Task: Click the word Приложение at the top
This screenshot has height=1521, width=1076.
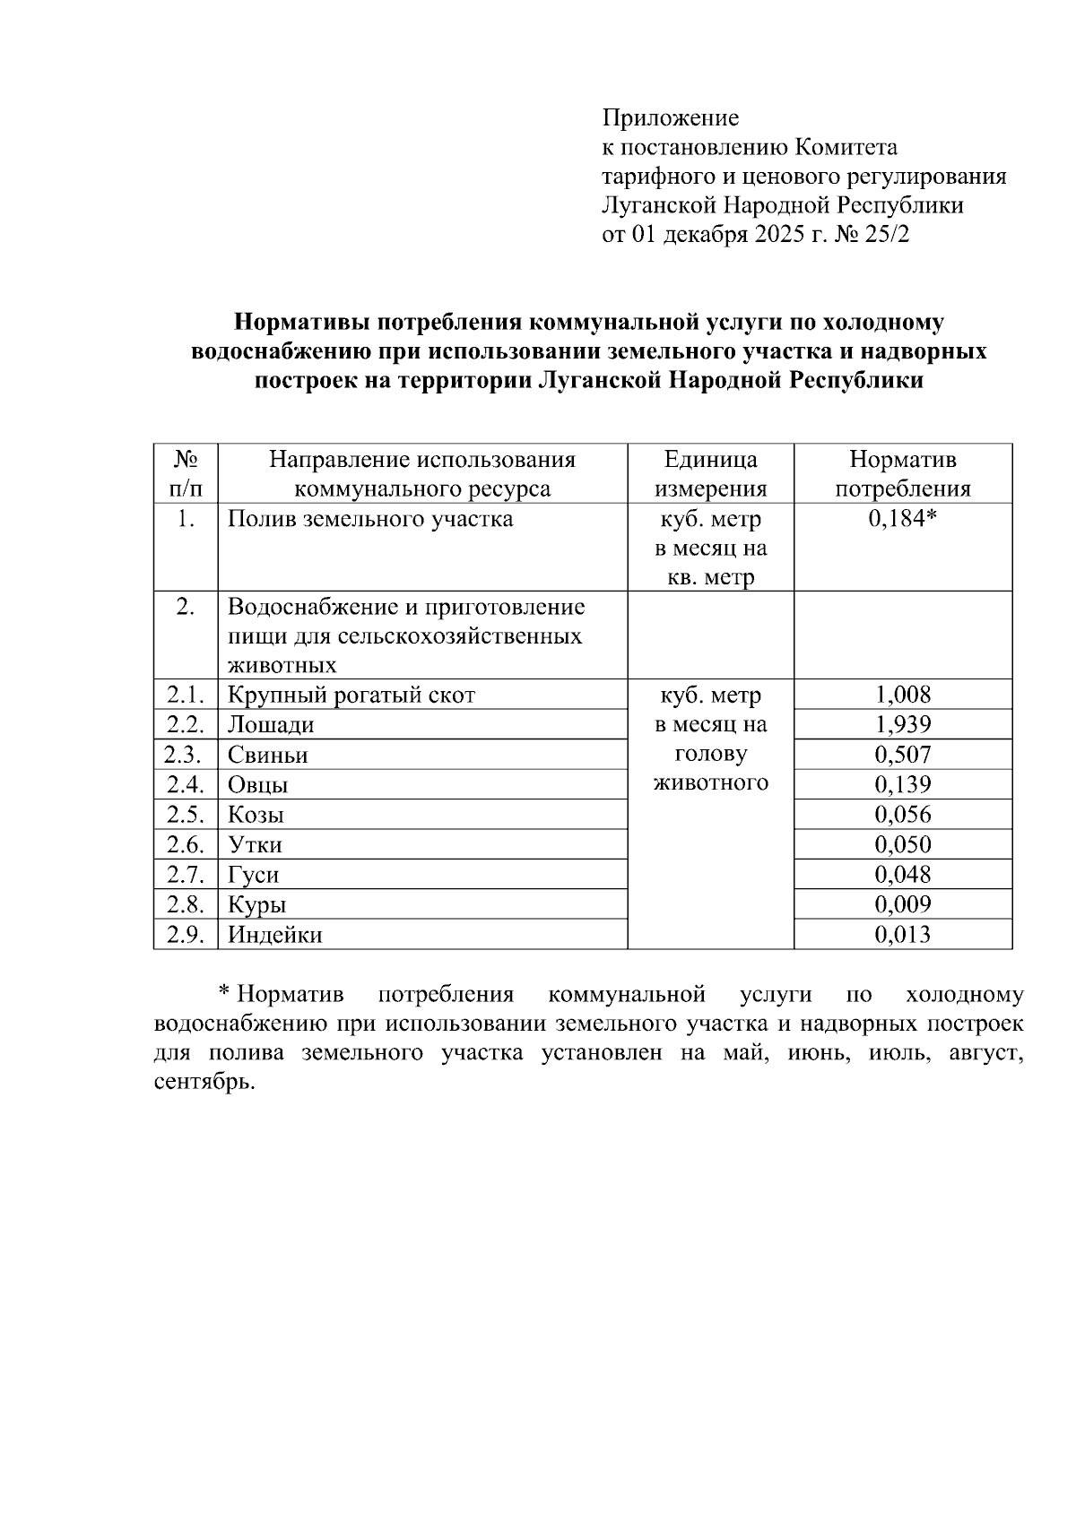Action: [x=670, y=118]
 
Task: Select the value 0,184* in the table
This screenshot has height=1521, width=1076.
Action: [x=902, y=519]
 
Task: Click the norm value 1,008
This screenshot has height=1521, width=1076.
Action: [x=902, y=695]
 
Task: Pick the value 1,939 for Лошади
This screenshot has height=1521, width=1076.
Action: [x=902, y=724]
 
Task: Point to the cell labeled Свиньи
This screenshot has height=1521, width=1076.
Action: [x=267, y=755]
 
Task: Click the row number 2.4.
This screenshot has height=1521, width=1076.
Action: [x=186, y=785]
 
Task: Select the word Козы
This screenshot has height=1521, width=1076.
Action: [x=256, y=815]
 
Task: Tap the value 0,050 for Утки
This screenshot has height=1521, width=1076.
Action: [x=902, y=844]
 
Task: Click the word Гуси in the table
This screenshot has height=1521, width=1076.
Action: [x=253, y=875]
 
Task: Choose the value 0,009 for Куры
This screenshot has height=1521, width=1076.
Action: [x=902, y=904]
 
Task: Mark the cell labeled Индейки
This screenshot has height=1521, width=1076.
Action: [x=274, y=935]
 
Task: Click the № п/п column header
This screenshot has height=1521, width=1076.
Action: [x=186, y=474]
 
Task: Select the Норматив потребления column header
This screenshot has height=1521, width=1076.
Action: [x=902, y=474]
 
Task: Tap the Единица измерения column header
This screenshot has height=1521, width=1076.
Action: [x=710, y=474]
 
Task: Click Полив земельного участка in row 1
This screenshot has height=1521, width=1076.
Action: [x=369, y=519]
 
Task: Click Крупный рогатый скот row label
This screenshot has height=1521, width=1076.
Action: [x=351, y=695]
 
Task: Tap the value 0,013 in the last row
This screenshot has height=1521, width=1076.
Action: [x=902, y=935]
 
